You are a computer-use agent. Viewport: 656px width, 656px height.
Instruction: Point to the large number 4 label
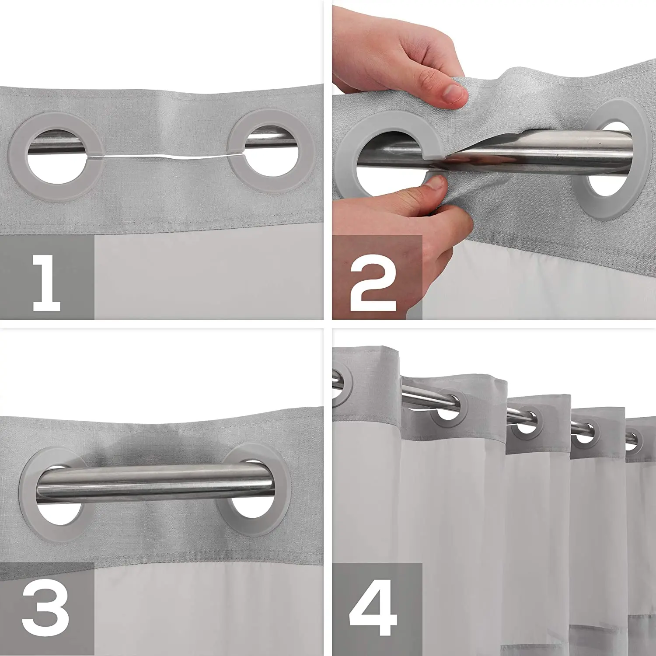pyautogui.click(x=373, y=608)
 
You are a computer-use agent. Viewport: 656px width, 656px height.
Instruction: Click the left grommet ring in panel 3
pyautogui.click(x=33, y=494)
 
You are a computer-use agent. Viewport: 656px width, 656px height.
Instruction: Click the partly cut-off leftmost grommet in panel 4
pyautogui.click(x=345, y=385)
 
